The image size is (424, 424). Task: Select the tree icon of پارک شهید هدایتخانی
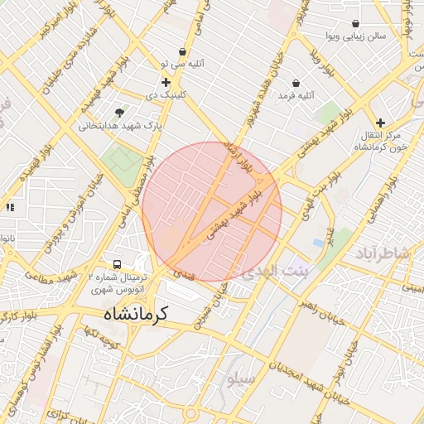click(121, 112)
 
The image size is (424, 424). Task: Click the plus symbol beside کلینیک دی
click(166, 82)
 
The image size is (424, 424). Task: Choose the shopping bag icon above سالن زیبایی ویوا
click(355, 23)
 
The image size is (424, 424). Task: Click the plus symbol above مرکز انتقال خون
click(381, 122)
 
